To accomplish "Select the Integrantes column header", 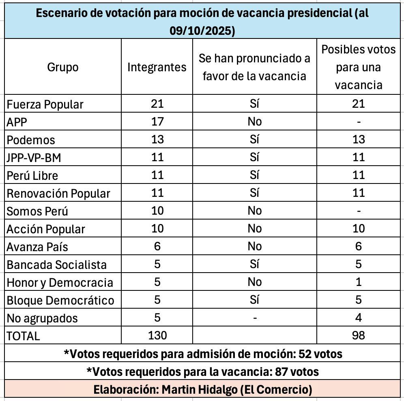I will (x=157, y=67).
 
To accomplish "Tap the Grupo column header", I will (x=63, y=67).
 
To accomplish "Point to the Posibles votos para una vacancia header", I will (x=359, y=67).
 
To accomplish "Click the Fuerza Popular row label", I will (x=45, y=104).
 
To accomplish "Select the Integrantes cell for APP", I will (x=157, y=122).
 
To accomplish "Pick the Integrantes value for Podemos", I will (x=157, y=139).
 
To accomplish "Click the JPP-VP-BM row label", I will (x=34, y=157).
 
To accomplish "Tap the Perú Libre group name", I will (x=32, y=175).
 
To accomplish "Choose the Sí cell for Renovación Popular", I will (x=254, y=193).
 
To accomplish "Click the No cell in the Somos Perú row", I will (x=254, y=211).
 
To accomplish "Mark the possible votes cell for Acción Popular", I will (x=359, y=228).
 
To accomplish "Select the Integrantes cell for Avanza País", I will (x=157, y=246).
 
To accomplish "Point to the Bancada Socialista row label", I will (x=57, y=264).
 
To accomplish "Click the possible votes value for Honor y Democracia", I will (x=359, y=282).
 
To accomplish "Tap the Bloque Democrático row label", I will (x=60, y=300).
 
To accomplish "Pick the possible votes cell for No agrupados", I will (x=359, y=318).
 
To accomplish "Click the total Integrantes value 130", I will (x=157, y=335).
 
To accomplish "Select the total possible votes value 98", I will (x=359, y=335).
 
